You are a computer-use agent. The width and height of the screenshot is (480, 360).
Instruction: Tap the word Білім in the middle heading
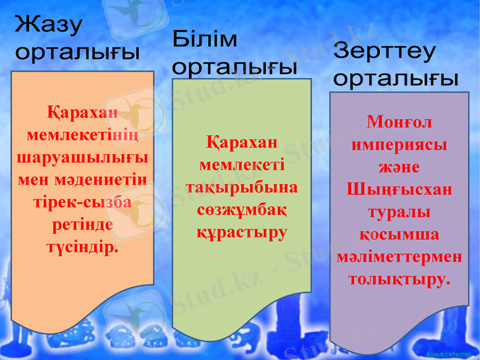tap(205, 41)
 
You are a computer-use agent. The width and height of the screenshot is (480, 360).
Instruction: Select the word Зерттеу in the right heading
tap(385, 53)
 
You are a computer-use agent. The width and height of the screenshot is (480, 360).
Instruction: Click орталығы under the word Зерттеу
tap(396, 79)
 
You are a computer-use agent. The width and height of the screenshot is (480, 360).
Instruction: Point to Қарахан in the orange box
tap(82, 112)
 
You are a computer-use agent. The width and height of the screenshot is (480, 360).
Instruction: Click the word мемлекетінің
tap(82, 134)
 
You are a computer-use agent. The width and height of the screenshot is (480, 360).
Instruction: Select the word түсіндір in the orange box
tap(80, 247)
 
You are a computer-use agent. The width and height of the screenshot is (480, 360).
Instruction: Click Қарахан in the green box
tap(241, 143)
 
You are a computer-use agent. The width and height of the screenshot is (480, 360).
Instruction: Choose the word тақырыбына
tap(241, 187)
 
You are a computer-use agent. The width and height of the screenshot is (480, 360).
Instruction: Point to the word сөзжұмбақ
tap(241, 210)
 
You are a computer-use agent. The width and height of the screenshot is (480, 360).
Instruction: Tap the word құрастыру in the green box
tap(241, 232)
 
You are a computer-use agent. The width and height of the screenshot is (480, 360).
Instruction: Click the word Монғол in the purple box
tap(399, 122)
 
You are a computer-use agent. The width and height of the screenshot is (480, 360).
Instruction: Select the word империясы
tap(399, 145)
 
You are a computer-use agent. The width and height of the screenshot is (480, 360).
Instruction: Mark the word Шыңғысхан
tap(399, 190)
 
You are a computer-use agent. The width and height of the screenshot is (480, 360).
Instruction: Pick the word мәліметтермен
tap(399, 257)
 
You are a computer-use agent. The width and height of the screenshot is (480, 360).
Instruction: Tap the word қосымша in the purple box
tap(399, 235)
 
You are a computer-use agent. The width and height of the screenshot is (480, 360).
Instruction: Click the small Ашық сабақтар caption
tap(446, 354)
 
